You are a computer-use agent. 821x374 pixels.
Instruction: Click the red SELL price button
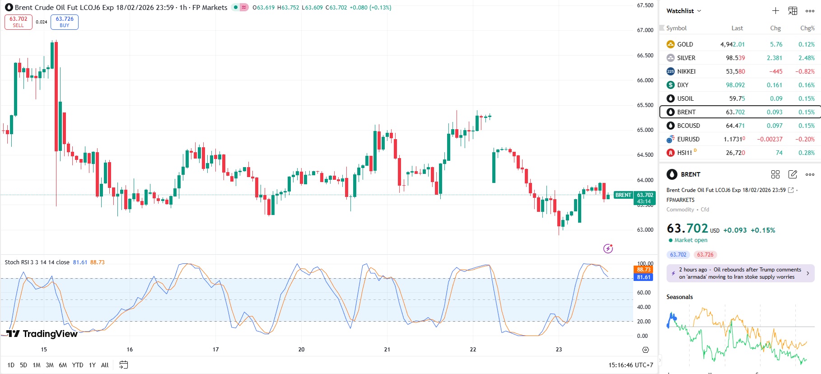coord(19,22)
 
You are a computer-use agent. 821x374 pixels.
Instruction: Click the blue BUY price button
coord(65,22)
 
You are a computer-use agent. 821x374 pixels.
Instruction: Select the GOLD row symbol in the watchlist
coord(685,44)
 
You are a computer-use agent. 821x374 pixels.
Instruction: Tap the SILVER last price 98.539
coord(735,58)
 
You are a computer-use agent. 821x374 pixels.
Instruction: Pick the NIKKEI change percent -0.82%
coord(805,71)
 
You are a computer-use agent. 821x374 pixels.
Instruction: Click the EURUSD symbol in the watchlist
coord(688,139)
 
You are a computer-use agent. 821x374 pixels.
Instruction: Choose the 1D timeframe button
coord(11,365)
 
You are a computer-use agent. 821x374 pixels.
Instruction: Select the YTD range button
coord(78,365)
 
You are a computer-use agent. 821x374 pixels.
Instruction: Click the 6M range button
coord(63,365)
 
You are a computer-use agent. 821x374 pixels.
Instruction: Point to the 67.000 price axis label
coord(645,30)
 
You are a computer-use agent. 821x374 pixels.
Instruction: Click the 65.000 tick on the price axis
coord(645,130)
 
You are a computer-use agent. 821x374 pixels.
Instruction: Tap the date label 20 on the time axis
coord(301,349)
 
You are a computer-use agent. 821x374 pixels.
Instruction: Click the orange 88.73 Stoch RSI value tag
coord(644,270)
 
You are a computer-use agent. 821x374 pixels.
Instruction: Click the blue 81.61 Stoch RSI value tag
coord(644,277)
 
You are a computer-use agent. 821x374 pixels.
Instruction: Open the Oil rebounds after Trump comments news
coord(740,273)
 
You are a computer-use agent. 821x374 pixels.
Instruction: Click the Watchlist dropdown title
coord(684,11)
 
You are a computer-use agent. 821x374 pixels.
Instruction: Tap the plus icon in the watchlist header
coord(775,11)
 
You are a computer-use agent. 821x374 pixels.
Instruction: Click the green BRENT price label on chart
coord(623,195)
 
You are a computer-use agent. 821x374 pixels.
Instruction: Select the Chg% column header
coord(807,28)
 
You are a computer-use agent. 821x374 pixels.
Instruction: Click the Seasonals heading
coord(679,297)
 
